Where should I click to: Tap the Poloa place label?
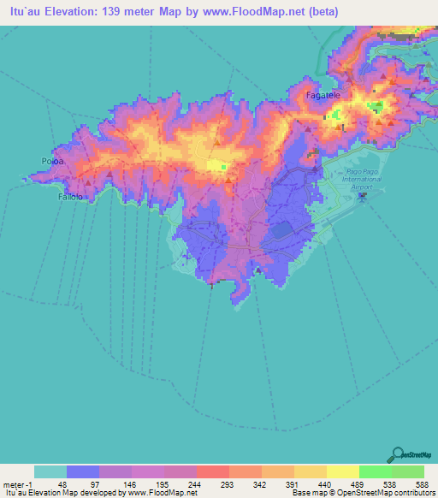pyautogui.click(x=52, y=160)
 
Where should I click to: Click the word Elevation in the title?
pyautogui.click(x=66, y=12)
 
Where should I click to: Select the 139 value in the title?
pyautogui.click(x=115, y=12)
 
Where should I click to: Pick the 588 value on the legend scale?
pyautogui.click(x=423, y=484)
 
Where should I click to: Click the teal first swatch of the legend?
pyautogui.click(x=50, y=471)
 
